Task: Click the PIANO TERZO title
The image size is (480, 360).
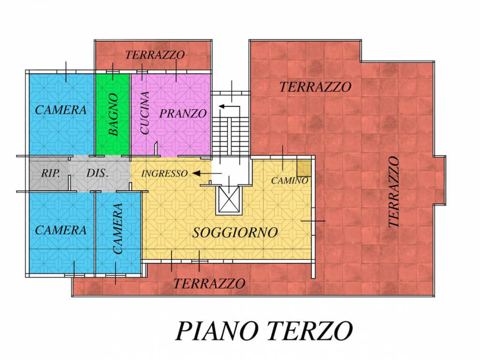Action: [264, 331]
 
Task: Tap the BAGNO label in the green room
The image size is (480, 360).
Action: [113, 114]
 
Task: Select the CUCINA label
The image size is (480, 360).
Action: [144, 112]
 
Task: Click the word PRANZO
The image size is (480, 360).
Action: [183, 113]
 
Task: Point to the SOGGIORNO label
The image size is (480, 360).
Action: [235, 232]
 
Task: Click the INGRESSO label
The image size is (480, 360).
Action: [165, 173]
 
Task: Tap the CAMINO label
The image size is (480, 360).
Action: [290, 180]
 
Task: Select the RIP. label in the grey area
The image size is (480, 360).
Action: [51, 173]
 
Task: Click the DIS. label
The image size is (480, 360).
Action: [97, 173]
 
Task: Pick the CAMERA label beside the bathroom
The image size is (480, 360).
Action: [61, 110]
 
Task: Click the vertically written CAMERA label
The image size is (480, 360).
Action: [118, 229]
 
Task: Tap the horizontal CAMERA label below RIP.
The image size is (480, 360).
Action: [61, 230]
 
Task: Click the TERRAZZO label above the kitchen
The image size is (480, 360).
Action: [155, 55]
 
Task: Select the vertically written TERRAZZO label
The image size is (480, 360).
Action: [394, 192]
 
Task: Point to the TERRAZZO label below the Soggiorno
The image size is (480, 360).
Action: [210, 284]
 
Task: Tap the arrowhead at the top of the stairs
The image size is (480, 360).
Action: [222, 106]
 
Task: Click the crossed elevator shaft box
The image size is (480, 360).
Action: [229, 199]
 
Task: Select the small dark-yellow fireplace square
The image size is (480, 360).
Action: [304, 168]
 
